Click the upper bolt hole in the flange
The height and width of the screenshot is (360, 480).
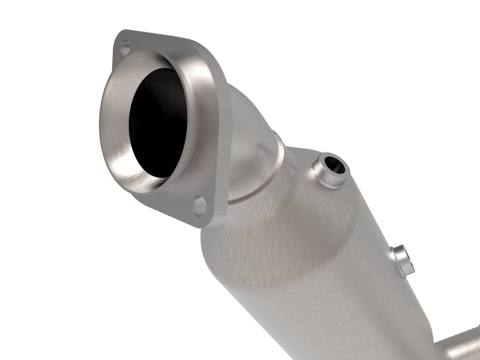[x=124, y=46]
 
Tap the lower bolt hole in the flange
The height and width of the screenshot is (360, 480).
[x=199, y=205]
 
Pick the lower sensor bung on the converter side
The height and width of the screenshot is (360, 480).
[x=401, y=258]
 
